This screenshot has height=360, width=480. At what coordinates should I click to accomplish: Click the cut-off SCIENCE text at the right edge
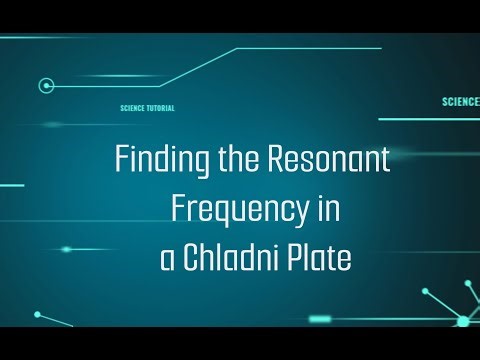click(x=460, y=101)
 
